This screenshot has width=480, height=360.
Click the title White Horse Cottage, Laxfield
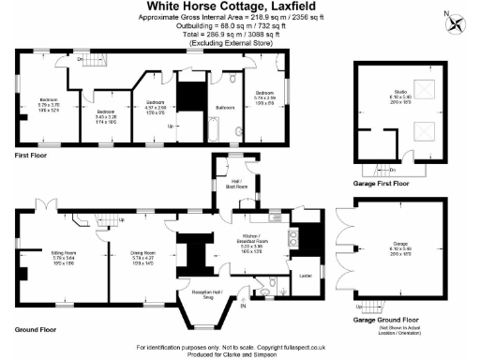tap(241, 8)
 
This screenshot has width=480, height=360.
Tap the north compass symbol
tap(457, 22)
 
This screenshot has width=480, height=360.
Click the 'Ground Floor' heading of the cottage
tap(36, 330)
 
